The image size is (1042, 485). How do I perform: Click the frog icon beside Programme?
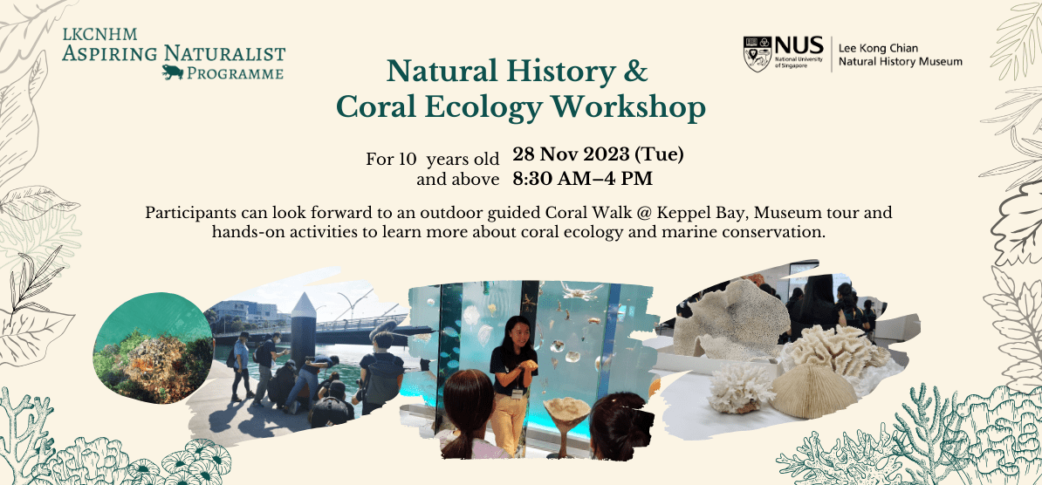(173, 72)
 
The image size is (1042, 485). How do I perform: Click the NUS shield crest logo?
(757, 53)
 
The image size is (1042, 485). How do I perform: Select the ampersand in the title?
(634, 72)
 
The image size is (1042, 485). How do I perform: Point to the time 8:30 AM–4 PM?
(581, 178)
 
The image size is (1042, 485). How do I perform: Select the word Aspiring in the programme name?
(110, 52)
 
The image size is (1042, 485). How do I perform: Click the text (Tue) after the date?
(659, 155)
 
